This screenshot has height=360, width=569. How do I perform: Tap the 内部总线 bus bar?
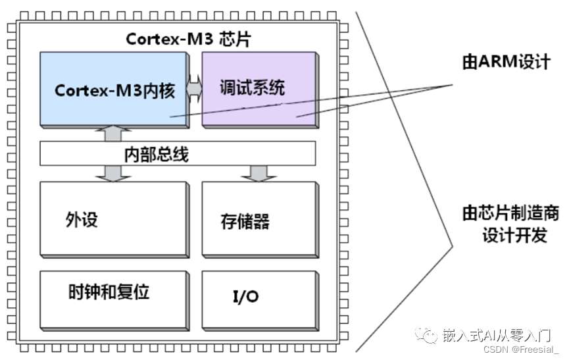click(x=178, y=154)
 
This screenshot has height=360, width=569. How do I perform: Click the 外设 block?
click(x=113, y=219)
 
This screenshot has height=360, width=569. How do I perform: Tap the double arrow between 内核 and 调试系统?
click(x=194, y=89)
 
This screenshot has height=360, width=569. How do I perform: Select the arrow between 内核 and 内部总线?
click(x=114, y=134)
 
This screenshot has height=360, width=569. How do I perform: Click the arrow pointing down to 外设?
click(x=114, y=172)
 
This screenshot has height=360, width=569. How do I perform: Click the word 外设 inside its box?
click(x=82, y=219)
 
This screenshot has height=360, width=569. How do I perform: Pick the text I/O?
click(x=245, y=297)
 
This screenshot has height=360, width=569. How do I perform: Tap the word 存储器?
click(x=245, y=221)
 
